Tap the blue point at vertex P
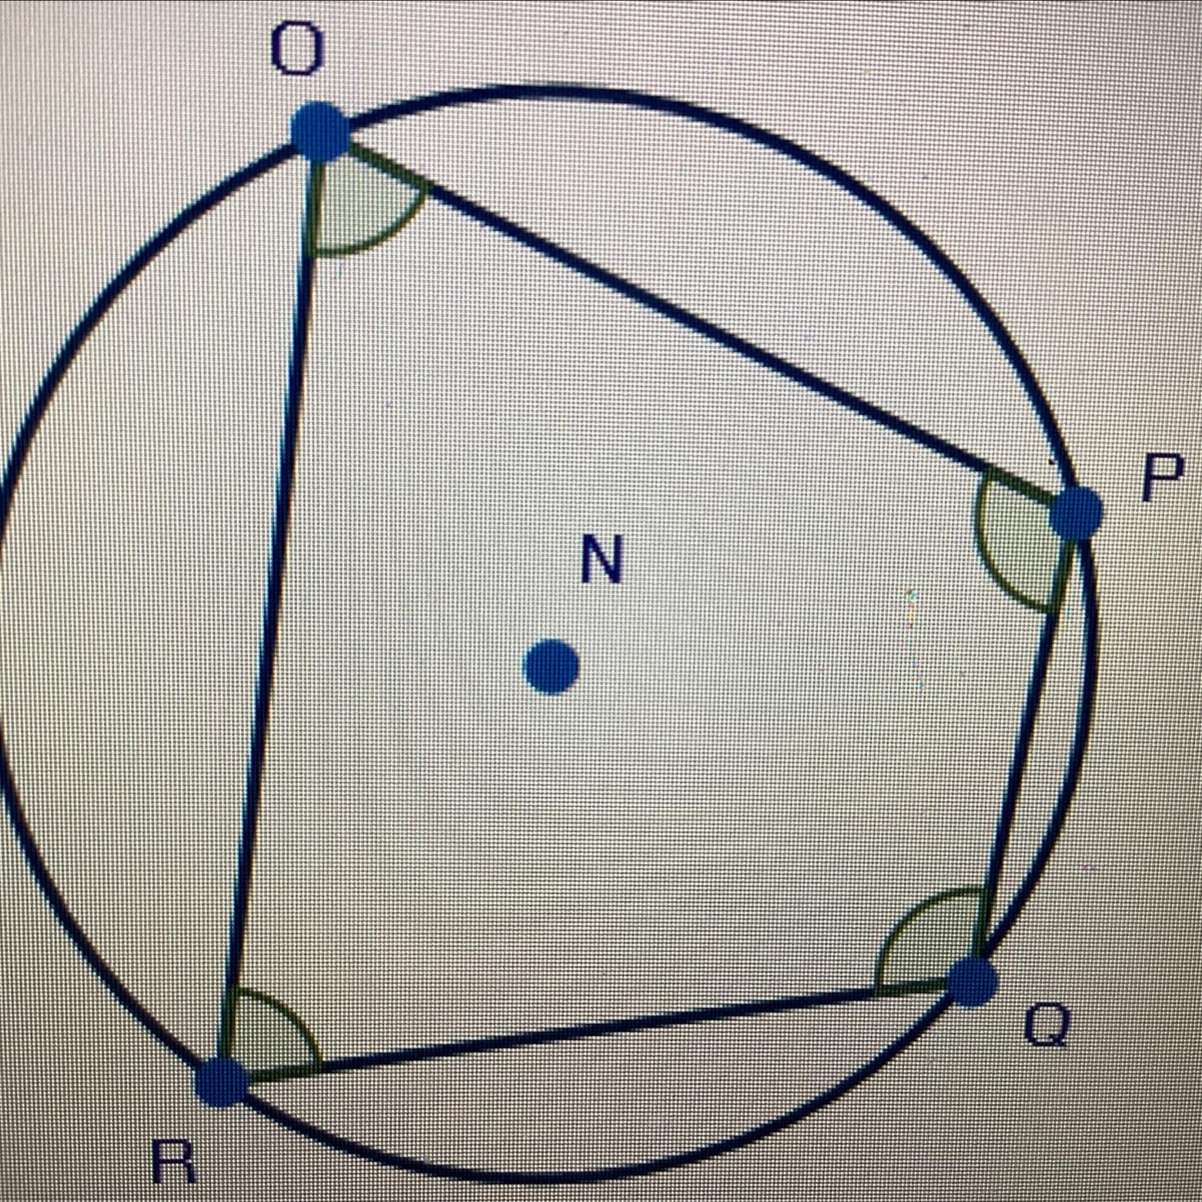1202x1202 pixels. (1076, 514)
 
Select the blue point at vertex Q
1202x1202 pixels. (972, 982)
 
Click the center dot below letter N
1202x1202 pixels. (551, 667)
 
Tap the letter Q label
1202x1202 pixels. (1046, 1024)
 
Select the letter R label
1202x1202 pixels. (174, 1160)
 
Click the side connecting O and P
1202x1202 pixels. (700, 326)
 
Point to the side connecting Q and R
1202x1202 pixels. (594, 1032)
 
